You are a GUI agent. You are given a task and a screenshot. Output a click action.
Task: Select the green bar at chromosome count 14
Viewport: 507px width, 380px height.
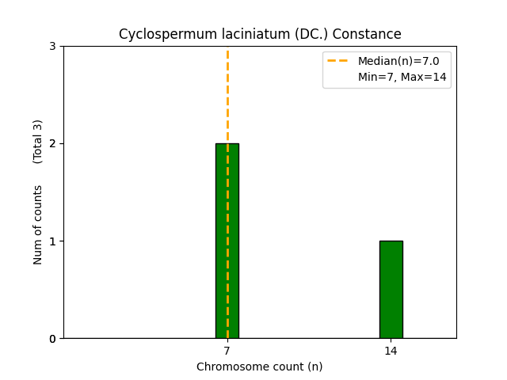click(x=391, y=289)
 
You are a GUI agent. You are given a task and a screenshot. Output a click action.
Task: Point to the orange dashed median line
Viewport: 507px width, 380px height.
click(x=227, y=95)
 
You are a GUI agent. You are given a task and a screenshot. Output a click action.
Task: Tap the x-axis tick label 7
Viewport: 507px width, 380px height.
click(x=227, y=351)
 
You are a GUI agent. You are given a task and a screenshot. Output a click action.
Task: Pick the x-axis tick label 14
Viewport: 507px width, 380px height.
click(x=391, y=351)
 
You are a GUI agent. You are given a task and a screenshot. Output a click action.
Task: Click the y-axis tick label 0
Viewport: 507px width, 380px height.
click(x=52, y=339)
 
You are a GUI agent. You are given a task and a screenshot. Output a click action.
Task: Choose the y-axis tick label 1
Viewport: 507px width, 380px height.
click(x=52, y=241)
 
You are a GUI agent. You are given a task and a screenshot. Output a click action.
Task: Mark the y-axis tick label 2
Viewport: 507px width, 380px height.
click(x=52, y=143)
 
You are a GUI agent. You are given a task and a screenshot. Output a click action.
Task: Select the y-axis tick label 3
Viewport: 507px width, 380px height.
click(x=52, y=46)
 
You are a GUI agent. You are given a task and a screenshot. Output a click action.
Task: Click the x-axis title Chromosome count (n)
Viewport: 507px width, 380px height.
click(x=260, y=367)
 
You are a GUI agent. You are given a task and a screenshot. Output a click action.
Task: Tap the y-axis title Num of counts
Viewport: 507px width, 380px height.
click(x=38, y=224)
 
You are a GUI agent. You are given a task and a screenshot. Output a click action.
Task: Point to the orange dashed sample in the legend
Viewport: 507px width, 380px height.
click(x=338, y=61)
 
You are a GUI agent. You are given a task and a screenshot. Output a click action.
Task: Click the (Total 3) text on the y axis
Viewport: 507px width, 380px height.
click(x=38, y=142)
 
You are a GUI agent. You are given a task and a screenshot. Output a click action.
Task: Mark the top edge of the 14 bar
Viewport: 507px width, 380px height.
click(x=391, y=241)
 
